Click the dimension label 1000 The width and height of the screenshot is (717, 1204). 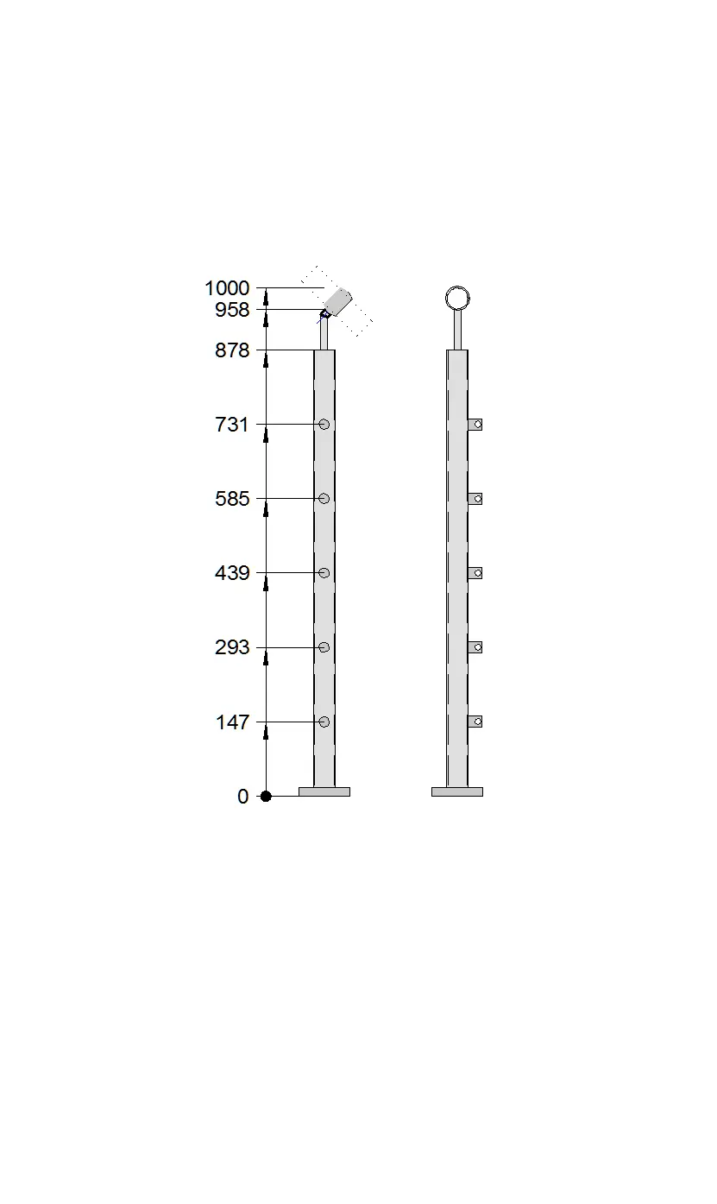click(x=227, y=288)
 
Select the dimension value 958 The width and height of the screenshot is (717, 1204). click(x=232, y=310)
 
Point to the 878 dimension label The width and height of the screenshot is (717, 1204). click(x=232, y=351)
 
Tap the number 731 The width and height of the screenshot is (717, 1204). click(x=231, y=425)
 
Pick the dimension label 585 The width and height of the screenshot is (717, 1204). click(x=232, y=500)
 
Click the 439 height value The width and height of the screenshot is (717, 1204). click(x=232, y=573)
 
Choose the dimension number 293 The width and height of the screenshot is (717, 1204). click(x=232, y=647)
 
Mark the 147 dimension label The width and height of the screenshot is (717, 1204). click(x=232, y=722)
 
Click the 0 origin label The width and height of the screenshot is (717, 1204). click(x=243, y=797)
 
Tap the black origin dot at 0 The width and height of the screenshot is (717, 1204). click(x=266, y=796)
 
